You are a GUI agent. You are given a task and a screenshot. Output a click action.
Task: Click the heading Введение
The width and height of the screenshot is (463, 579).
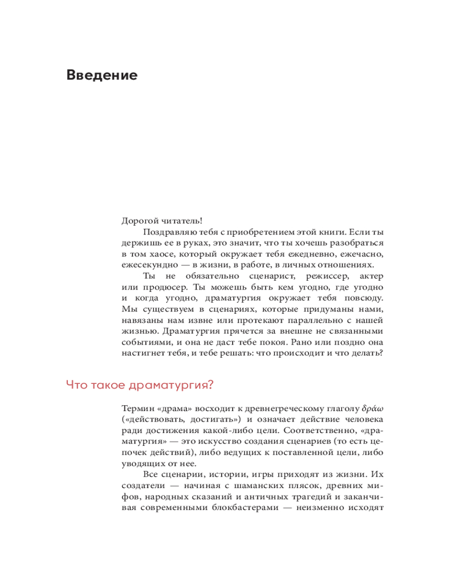pos(102,75)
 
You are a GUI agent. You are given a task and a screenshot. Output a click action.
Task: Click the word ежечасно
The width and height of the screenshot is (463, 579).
pos(360,254)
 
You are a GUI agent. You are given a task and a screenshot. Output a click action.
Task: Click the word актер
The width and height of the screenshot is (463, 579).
pos(370,276)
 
